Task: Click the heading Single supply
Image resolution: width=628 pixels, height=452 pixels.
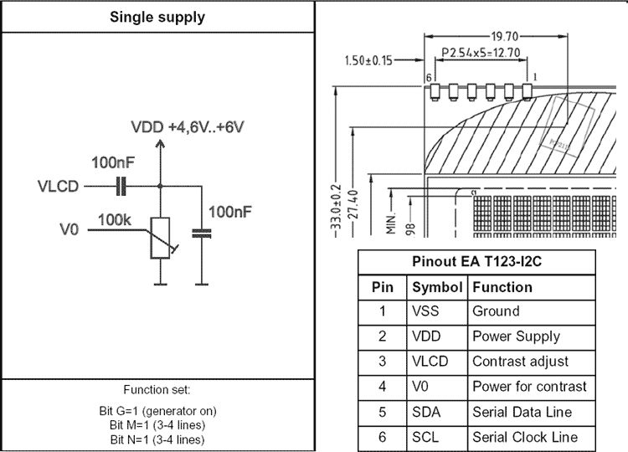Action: [157, 17]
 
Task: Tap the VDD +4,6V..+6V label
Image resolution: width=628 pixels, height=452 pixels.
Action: [188, 127]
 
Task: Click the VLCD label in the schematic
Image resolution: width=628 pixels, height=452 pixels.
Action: [59, 186]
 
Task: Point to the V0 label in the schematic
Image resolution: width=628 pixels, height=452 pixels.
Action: [69, 227]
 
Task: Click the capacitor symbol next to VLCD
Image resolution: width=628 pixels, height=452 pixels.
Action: [121, 186]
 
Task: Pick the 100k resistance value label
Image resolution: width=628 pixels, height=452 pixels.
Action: [114, 219]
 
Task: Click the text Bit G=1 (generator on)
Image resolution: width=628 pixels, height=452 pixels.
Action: [157, 412]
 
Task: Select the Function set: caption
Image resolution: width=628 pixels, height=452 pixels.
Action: [157, 390]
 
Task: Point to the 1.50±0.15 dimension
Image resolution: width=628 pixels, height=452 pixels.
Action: [369, 60]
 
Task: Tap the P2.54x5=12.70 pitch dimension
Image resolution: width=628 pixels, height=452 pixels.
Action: [481, 53]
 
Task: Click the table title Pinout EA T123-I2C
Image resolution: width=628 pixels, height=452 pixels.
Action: [477, 261]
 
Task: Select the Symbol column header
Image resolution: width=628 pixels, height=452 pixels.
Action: [437, 287]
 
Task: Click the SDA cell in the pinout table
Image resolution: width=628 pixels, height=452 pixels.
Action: [425, 412]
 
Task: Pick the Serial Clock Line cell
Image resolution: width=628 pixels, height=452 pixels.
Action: [525, 437]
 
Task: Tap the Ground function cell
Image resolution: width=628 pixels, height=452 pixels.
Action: [496, 311]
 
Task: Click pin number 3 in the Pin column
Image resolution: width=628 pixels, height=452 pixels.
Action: [383, 362]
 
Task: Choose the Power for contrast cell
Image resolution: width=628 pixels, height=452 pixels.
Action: [529, 387]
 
